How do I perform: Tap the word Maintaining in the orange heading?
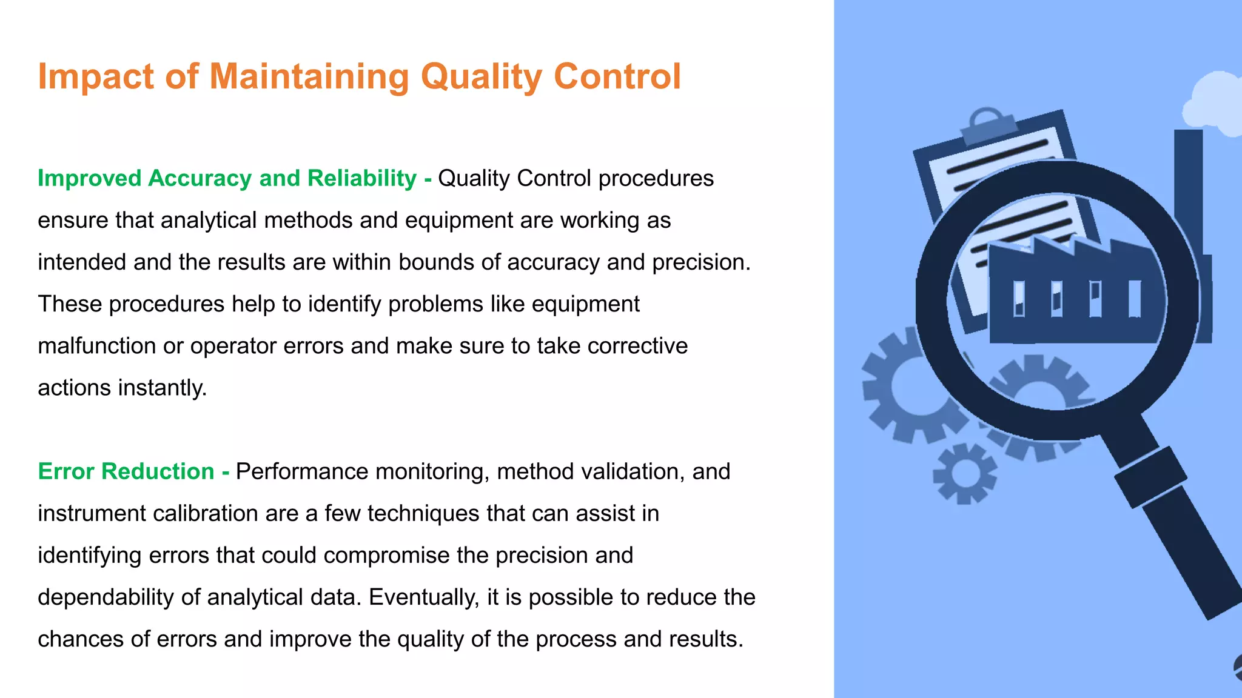click(x=309, y=77)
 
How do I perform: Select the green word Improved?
click(x=89, y=178)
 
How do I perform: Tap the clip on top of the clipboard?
click(x=989, y=124)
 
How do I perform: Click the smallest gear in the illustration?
click(x=964, y=474)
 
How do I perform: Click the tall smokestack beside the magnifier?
click(x=1189, y=182)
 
